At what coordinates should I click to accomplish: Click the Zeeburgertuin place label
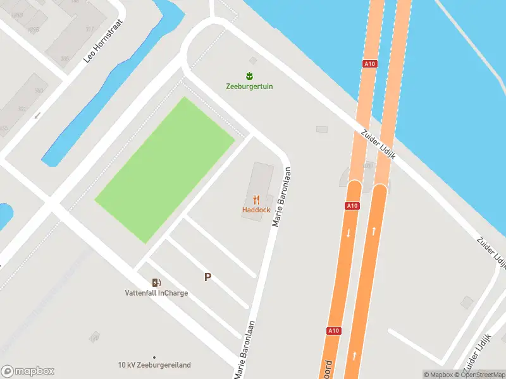coord(249,87)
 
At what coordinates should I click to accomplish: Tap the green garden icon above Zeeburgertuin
coord(249,76)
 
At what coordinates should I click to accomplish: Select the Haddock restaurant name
coord(256,210)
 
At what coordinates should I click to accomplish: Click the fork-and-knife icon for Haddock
coord(256,200)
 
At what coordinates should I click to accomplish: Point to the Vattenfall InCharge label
coord(156,293)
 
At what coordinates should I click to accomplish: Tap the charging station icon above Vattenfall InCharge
coord(156,282)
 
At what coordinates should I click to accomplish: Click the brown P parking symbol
coord(207,277)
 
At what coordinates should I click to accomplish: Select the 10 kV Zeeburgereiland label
coord(154,365)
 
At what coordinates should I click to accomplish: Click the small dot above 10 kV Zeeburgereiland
coord(154,357)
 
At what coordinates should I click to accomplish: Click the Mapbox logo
coord(28,371)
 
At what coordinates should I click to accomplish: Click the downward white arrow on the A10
coord(348,233)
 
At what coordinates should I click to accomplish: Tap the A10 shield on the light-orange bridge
coord(369,64)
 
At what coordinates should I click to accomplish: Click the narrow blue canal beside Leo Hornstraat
coord(108,95)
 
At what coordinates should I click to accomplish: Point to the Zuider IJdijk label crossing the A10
coord(378,145)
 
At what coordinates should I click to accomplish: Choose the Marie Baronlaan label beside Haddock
coord(282,196)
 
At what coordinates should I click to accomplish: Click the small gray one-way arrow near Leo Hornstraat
coord(37,115)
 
